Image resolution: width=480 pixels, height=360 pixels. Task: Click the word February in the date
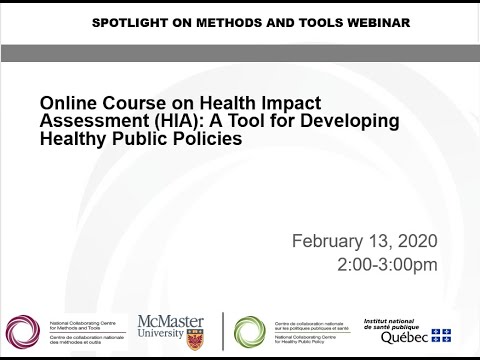point(327,241)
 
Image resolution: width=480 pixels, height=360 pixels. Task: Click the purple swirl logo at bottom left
point(21,330)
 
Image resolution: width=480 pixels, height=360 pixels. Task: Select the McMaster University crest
point(195,338)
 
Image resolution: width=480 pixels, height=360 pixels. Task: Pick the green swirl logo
point(250,331)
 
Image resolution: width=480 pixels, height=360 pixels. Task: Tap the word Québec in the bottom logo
point(404,336)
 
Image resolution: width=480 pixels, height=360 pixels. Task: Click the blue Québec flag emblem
point(442,336)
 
